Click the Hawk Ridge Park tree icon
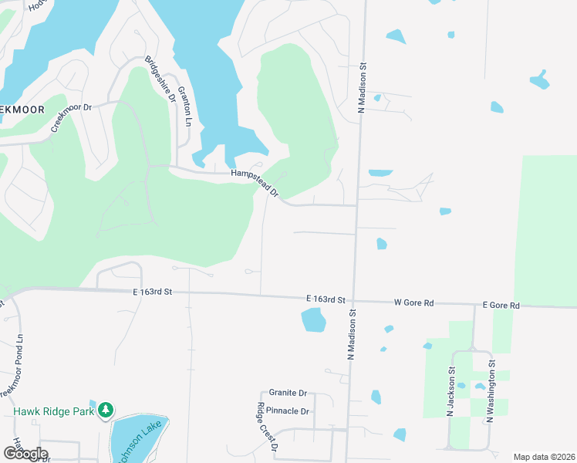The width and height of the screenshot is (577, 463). pyautogui.click(x=106, y=410)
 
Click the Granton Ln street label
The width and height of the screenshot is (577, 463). pyautogui.click(x=185, y=106)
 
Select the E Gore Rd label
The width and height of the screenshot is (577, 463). pyautogui.click(x=501, y=306)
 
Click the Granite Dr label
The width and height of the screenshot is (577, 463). pyautogui.click(x=288, y=393)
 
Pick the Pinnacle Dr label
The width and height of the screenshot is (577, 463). pyautogui.click(x=288, y=411)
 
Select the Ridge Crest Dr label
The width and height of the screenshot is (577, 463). pyautogui.click(x=267, y=427)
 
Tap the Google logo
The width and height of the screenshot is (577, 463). pyautogui.click(x=25, y=453)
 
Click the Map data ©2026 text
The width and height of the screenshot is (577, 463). pyautogui.click(x=544, y=457)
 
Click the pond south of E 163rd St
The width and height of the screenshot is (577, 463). pyautogui.click(x=313, y=319)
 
